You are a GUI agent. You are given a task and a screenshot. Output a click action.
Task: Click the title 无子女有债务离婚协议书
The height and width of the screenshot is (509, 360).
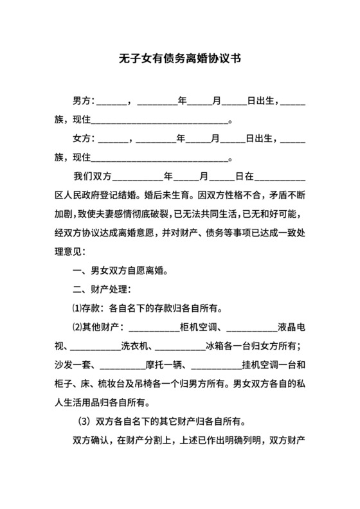[x=180, y=58]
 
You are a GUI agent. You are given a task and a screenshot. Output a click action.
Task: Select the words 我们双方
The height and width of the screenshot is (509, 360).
[x=93, y=175]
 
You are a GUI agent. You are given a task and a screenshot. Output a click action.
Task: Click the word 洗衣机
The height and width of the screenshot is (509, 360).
[x=136, y=346]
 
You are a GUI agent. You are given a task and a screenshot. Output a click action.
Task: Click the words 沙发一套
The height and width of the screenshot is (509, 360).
[x=74, y=366]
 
